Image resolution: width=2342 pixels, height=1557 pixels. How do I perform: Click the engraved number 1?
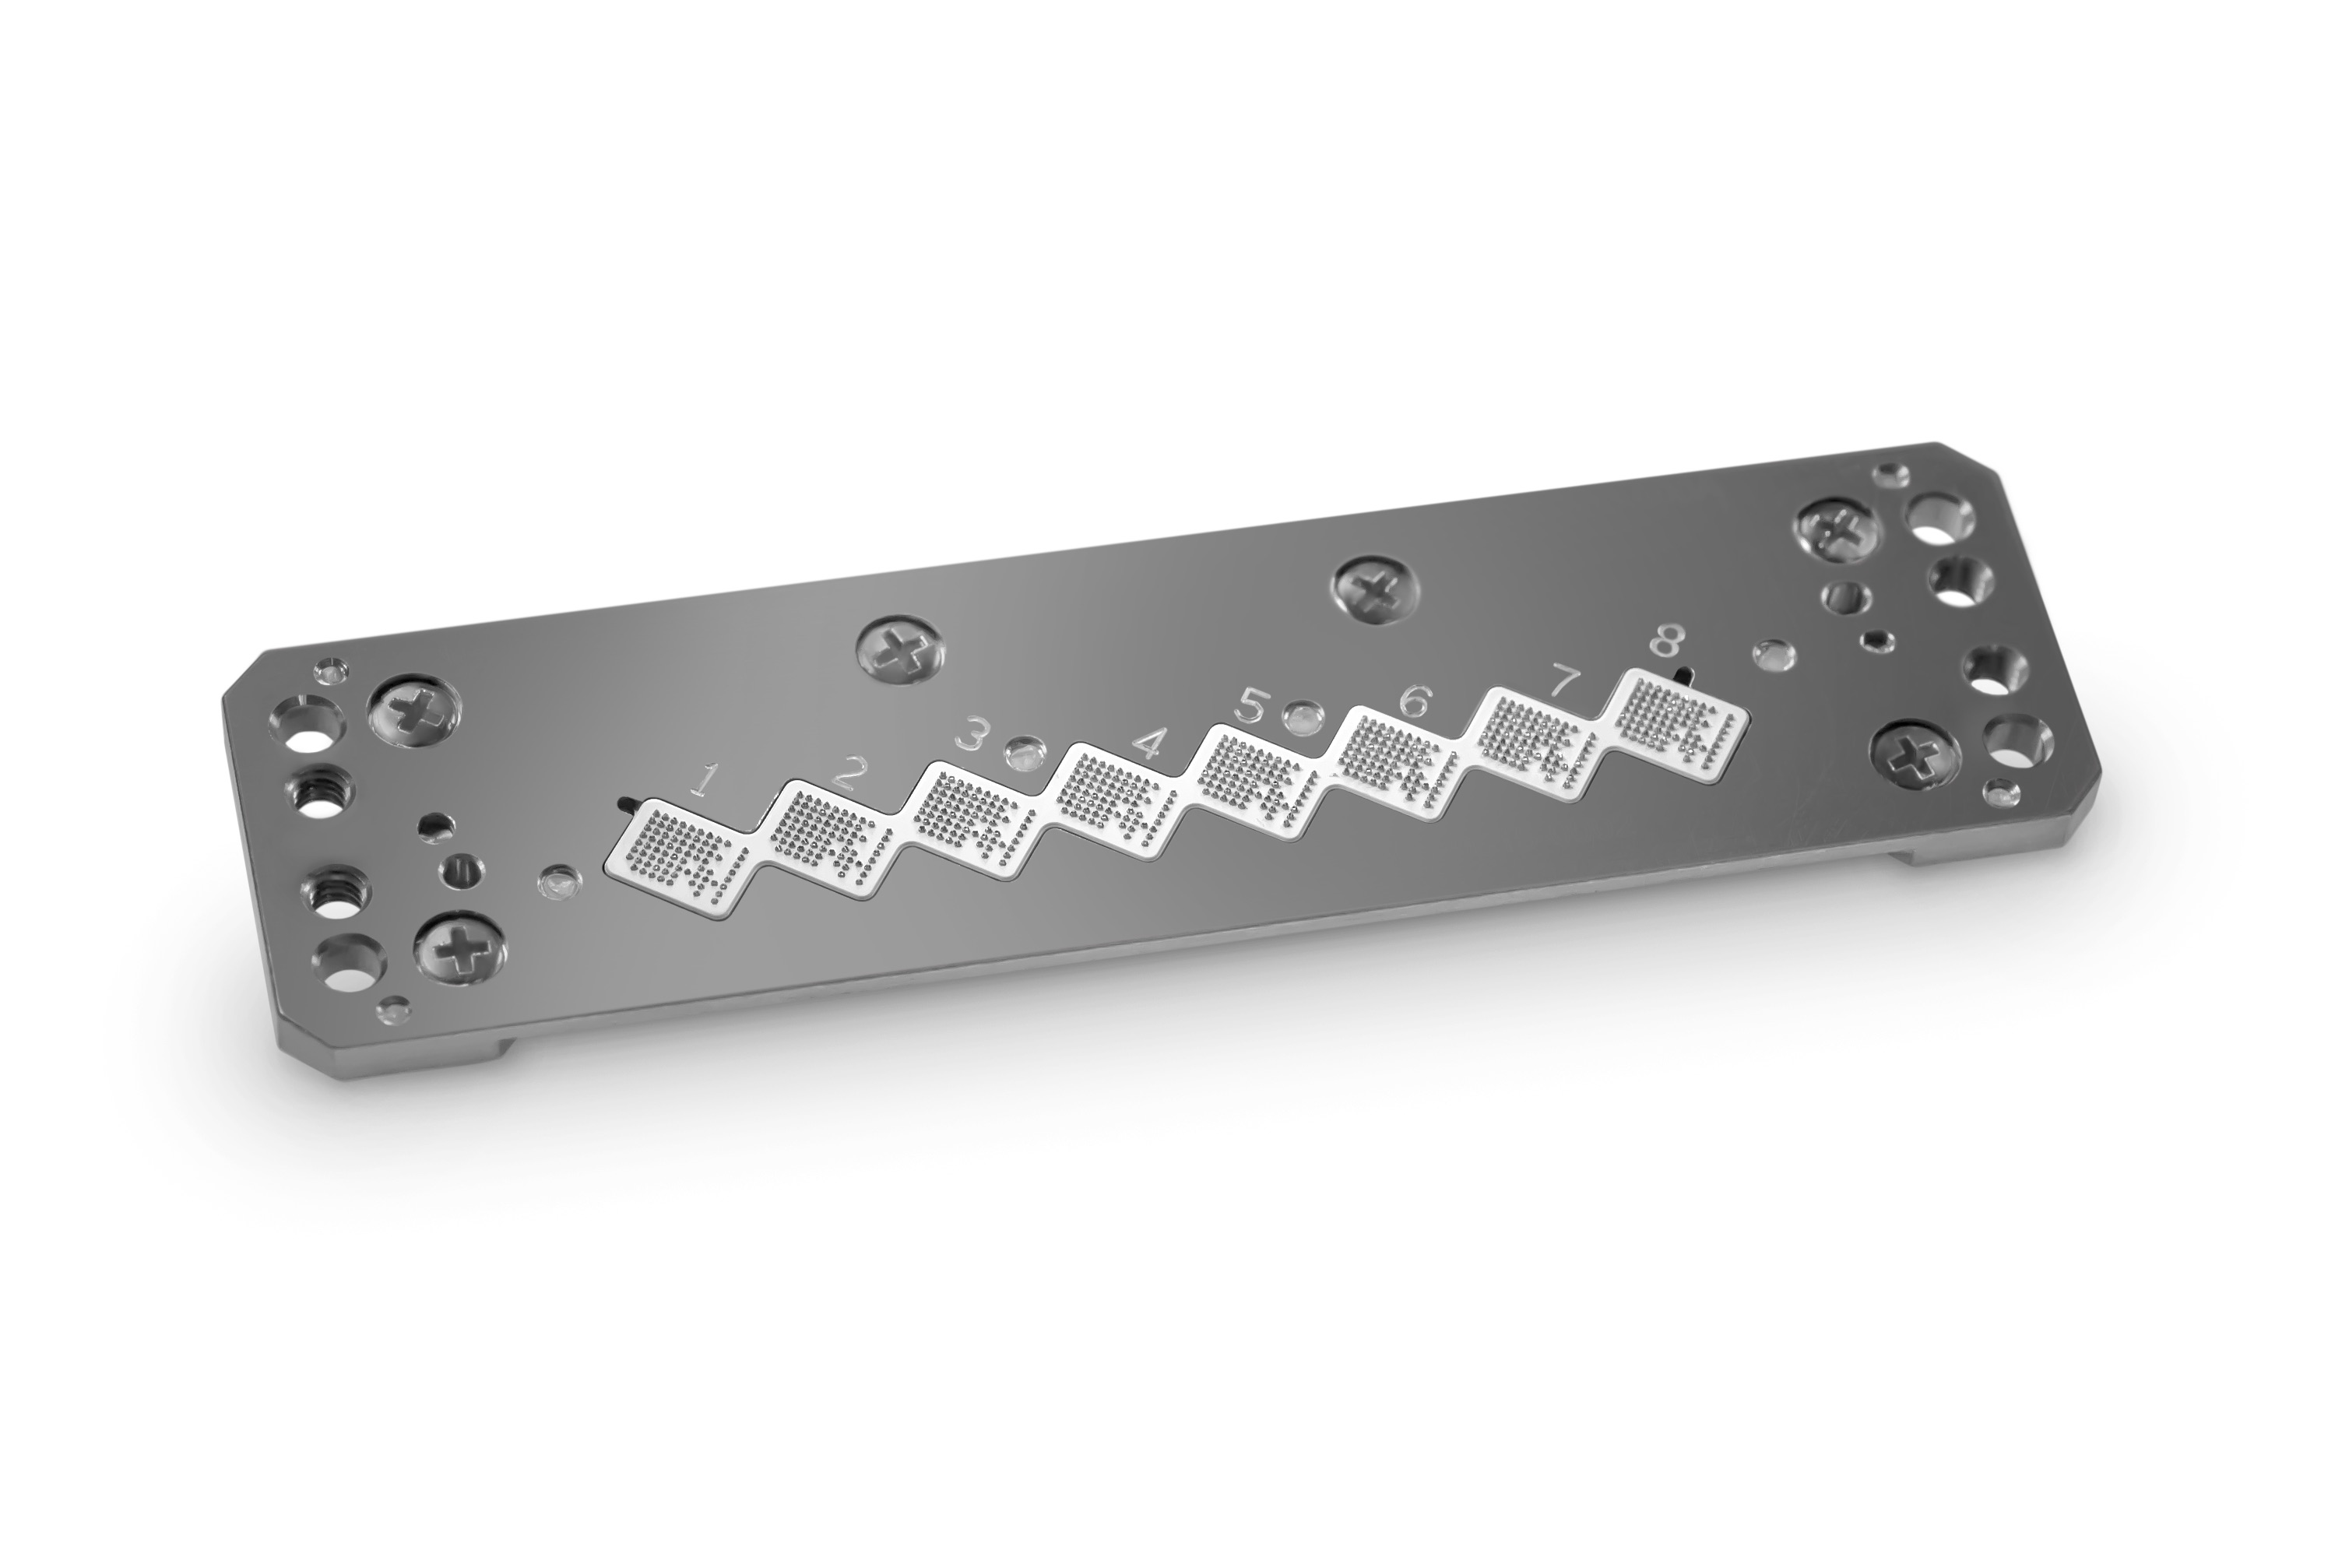point(703,781)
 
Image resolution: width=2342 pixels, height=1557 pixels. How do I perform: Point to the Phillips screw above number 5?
point(1375,591)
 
